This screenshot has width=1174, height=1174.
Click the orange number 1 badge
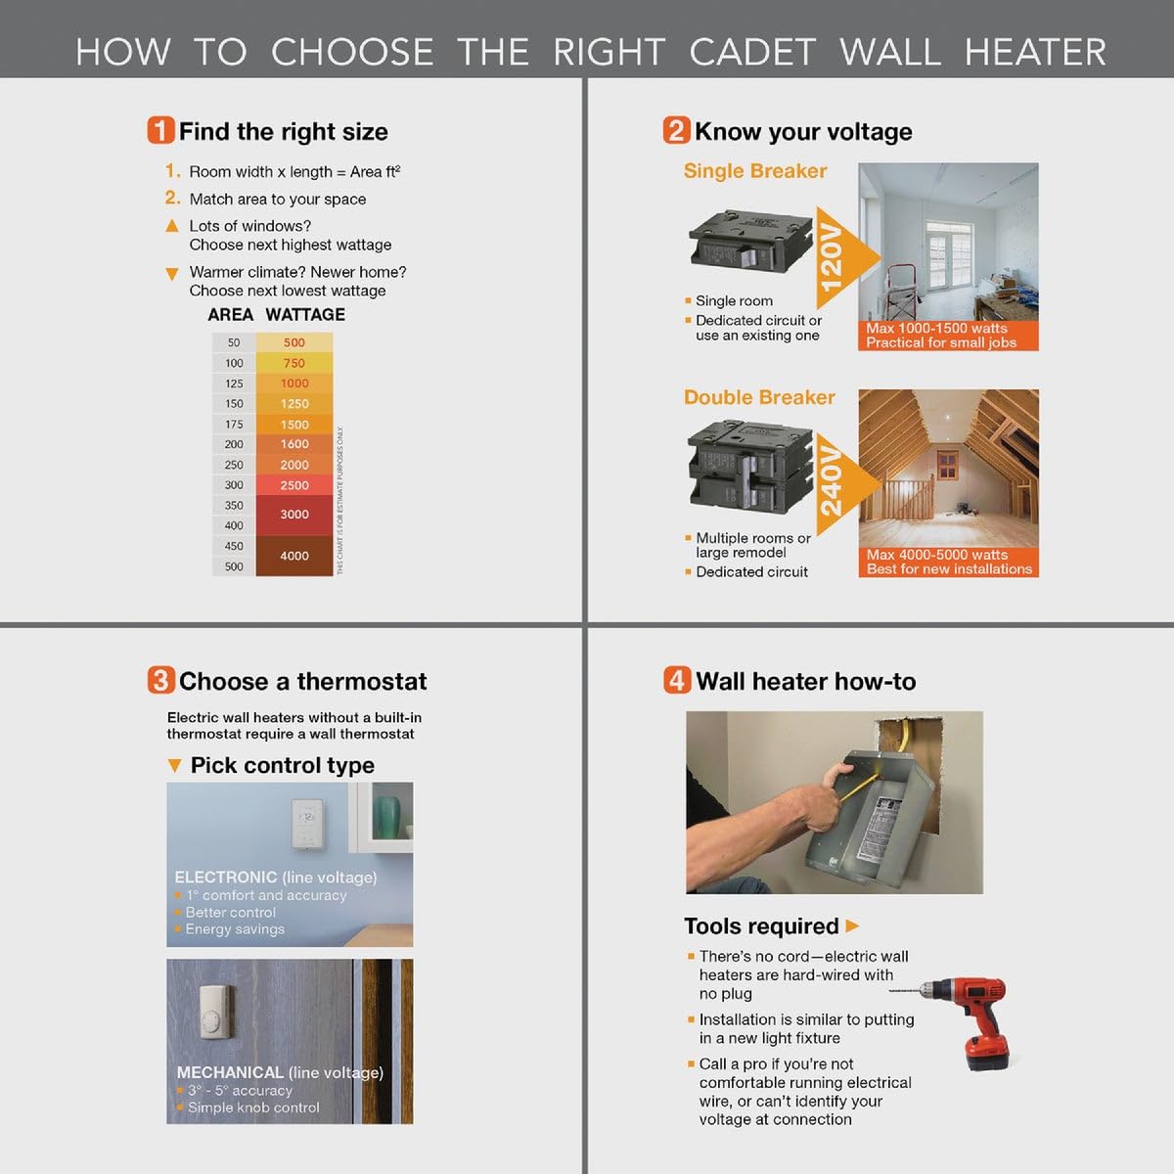pyautogui.click(x=160, y=131)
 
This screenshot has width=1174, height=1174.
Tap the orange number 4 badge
pyautogui.click(x=677, y=680)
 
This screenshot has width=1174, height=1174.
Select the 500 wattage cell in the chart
pyautogui.click(x=293, y=342)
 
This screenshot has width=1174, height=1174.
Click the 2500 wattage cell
pyautogui.click(x=293, y=485)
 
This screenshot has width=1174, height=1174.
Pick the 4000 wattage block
pyautogui.click(x=293, y=556)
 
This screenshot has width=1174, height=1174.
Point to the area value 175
pyautogui.click(x=234, y=424)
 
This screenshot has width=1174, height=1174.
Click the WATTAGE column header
pyautogui.click(x=305, y=315)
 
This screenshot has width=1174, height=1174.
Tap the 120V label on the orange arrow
pyautogui.click(x=831, y=257)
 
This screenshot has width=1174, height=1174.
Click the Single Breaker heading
pyautogui.click(x=754, y=171)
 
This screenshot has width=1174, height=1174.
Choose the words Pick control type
pyautogui.click(x=282, y=765)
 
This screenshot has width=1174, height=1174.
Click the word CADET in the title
pyautogui.click(x=751, y=52)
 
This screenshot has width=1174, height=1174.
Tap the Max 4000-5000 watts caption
pyautogui.click(x=923, y=555)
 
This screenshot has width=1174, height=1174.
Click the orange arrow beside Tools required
pyautogui.click(x=852, y=926)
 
